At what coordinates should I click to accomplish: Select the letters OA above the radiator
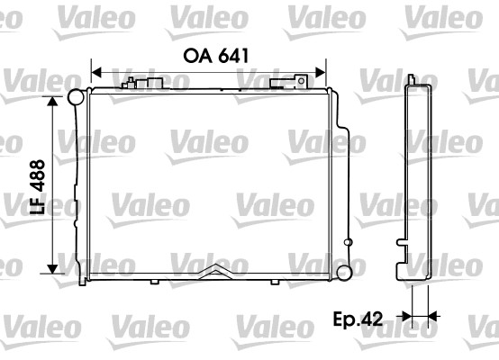(x=197, y=54)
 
